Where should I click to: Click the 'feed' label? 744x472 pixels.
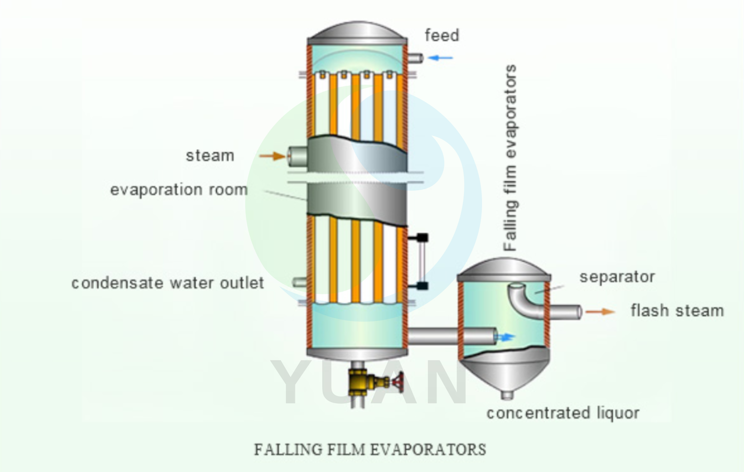[x=442, y=36]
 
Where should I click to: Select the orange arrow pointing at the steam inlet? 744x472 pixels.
[x=272, y=156]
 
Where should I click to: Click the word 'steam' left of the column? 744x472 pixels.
[x=210, y=156]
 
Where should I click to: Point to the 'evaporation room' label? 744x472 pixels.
[x=179, y=190]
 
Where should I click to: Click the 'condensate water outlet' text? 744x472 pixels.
[x=168, y=283]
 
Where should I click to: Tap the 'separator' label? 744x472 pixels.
[x=617, y=277]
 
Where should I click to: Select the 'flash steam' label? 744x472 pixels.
[x=677, y=311]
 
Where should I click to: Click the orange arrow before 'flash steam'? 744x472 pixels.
[x=600, y=312]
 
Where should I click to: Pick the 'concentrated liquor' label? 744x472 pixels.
[x=563, y=413]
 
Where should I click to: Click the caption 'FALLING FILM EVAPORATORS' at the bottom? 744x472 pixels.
[x=370, y=449]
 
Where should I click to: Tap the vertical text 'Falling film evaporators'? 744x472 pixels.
[x=510, y=157]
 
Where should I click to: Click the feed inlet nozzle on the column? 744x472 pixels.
[x=415, y=58]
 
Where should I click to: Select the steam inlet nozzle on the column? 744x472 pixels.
[x=297, y=156]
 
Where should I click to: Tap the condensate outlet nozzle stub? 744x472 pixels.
[x=300, y=282]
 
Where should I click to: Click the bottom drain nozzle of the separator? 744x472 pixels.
[x=507, y=395]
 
